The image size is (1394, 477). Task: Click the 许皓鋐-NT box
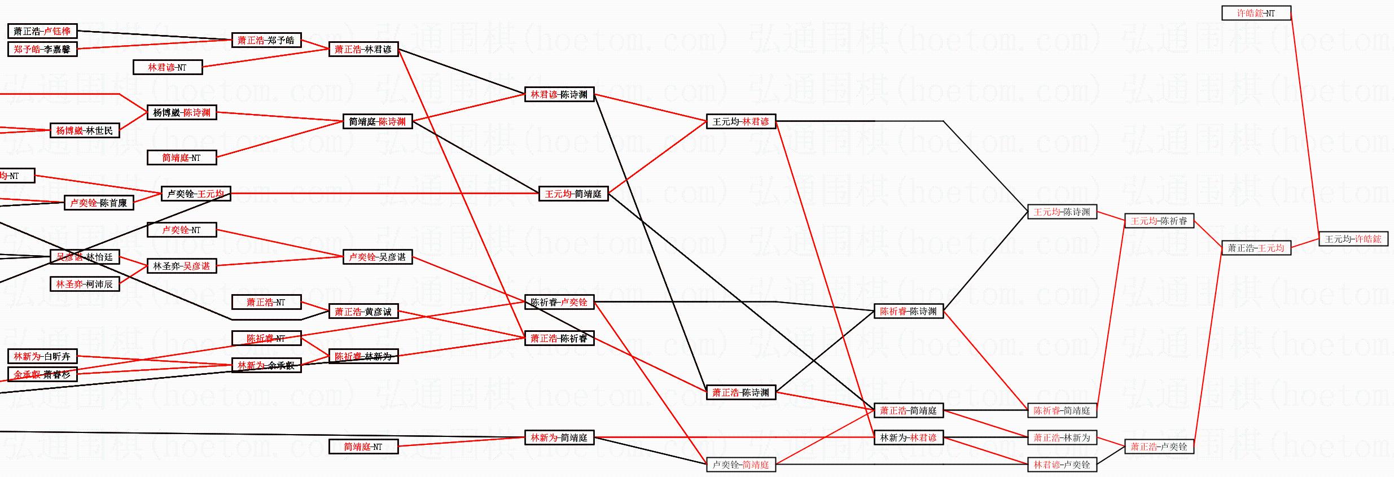1256,13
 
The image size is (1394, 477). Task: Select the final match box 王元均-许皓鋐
1353,239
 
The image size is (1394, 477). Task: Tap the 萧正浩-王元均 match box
1256,248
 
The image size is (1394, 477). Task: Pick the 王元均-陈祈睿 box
1159,221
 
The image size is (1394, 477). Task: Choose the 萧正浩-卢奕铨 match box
1159,447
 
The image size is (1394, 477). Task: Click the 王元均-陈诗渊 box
1062,212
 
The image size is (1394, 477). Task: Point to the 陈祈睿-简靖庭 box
1062,410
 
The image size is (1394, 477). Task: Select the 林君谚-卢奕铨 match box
1062,465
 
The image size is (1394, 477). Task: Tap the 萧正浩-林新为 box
1062,437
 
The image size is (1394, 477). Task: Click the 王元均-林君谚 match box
740,121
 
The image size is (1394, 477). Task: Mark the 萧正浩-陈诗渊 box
740,392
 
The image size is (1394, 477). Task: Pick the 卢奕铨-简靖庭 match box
740,465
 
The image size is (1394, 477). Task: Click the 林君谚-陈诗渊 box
559,94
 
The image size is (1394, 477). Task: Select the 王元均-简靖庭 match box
573,194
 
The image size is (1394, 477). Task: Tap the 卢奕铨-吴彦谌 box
377,257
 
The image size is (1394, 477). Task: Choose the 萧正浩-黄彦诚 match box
363,311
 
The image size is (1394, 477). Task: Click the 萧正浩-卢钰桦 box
42,31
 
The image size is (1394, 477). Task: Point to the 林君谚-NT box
167,67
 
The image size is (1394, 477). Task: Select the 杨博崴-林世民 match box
84,130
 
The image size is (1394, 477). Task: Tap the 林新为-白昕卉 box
42,356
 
